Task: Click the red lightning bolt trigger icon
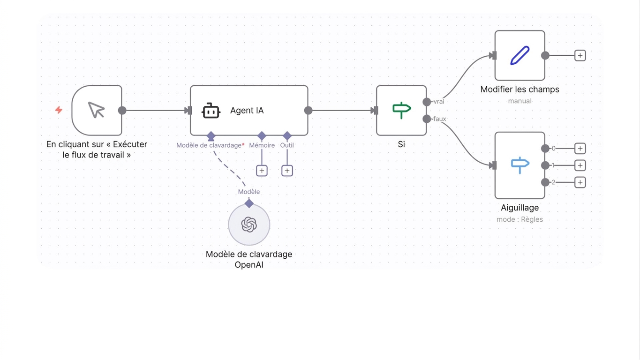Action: point(59,110)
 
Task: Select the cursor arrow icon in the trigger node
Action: point(96,110)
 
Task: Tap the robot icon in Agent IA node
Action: point(211,111)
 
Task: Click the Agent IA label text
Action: point(247,111)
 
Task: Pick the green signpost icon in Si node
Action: point(401,110)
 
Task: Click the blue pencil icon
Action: point(520,55)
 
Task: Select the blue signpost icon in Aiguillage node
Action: point(520,165)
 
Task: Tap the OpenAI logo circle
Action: point(249,225)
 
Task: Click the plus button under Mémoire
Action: point(262,171)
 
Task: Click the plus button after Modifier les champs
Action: point(580,55)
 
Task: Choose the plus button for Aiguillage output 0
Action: point(580,149)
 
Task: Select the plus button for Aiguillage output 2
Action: point(580,182)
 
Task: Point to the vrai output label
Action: point(439,101)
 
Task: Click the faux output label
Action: point(440,119)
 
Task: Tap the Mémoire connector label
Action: point(262,145)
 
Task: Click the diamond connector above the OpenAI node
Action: point(249,204)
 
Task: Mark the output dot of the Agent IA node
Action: point(309,110)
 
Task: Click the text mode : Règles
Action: point(520,219)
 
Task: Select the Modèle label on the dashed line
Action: point(249,192)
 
